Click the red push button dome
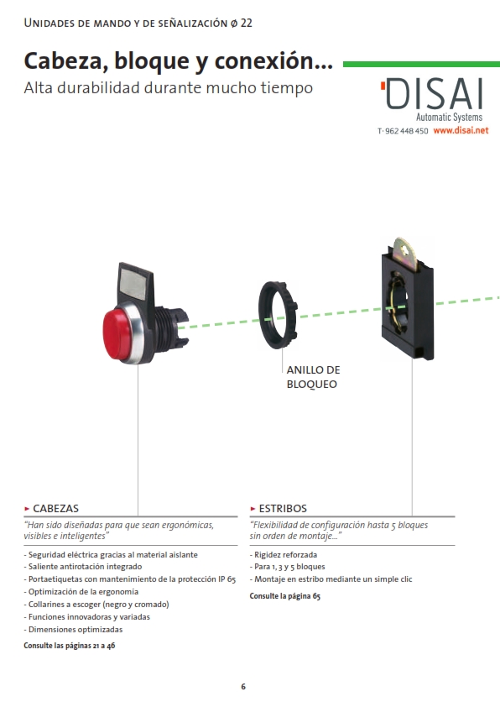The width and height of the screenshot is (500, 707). point(117,333)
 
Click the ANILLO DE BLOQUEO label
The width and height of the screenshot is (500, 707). point(313,377)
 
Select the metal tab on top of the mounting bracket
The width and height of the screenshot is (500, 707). point(404,254)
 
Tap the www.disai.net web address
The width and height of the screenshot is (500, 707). point(461,130)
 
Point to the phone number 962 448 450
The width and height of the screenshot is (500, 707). point(407,131)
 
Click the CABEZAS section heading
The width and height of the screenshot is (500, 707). point(56,508)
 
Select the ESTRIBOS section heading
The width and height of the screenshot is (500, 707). point(283,508)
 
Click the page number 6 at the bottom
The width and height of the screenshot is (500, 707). point(243,686)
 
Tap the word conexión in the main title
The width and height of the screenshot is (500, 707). point(273,60)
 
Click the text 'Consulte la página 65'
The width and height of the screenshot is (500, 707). point(285,596)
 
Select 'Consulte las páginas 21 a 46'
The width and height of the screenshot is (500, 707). point(70,646)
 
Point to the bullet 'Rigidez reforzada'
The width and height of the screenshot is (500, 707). point(284,554)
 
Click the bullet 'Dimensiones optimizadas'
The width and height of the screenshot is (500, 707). point(73,630)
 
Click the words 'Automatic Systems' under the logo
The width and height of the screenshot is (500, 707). point(449,118)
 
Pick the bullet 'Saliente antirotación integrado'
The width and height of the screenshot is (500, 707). point(83,567)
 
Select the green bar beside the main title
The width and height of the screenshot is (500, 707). point(422,64)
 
